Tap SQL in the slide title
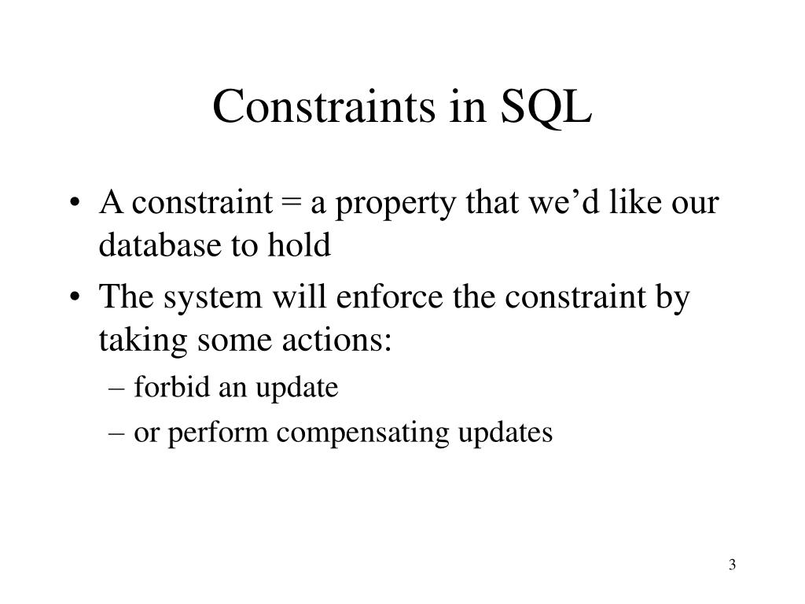click(548, 108)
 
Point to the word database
click(156, 246)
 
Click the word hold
click(302, 246)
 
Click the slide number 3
click(732, 565)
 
